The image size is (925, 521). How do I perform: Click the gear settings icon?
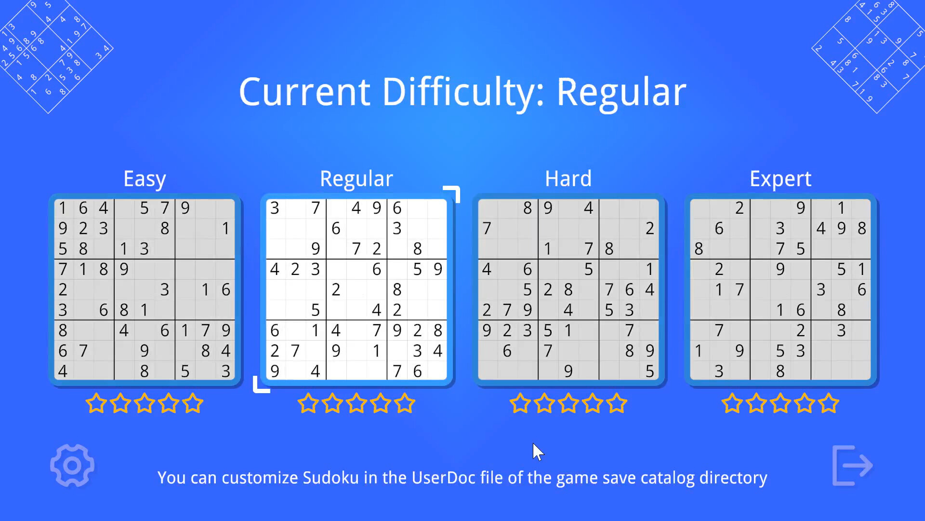coord(72,466)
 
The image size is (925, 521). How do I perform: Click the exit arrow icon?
coord(852,466)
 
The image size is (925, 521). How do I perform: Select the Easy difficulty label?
coord(145,179)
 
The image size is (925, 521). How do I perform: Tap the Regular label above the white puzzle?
coord(357,179)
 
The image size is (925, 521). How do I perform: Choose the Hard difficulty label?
coord(568,178)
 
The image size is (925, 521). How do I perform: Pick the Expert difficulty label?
coord(780,179)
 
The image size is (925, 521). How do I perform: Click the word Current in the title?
coord(304,92)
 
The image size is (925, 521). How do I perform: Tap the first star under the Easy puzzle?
coord(96,403)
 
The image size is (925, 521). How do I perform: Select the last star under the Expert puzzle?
coord(829,403)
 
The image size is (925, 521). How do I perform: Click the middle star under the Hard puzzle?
coord(568,403)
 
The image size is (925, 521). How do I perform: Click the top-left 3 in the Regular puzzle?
coord(275,208)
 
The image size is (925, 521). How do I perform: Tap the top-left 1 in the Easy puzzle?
coord(63,208)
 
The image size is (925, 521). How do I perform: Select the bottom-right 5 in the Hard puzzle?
coord(649,371)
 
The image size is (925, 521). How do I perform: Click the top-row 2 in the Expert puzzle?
coord(740,208)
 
